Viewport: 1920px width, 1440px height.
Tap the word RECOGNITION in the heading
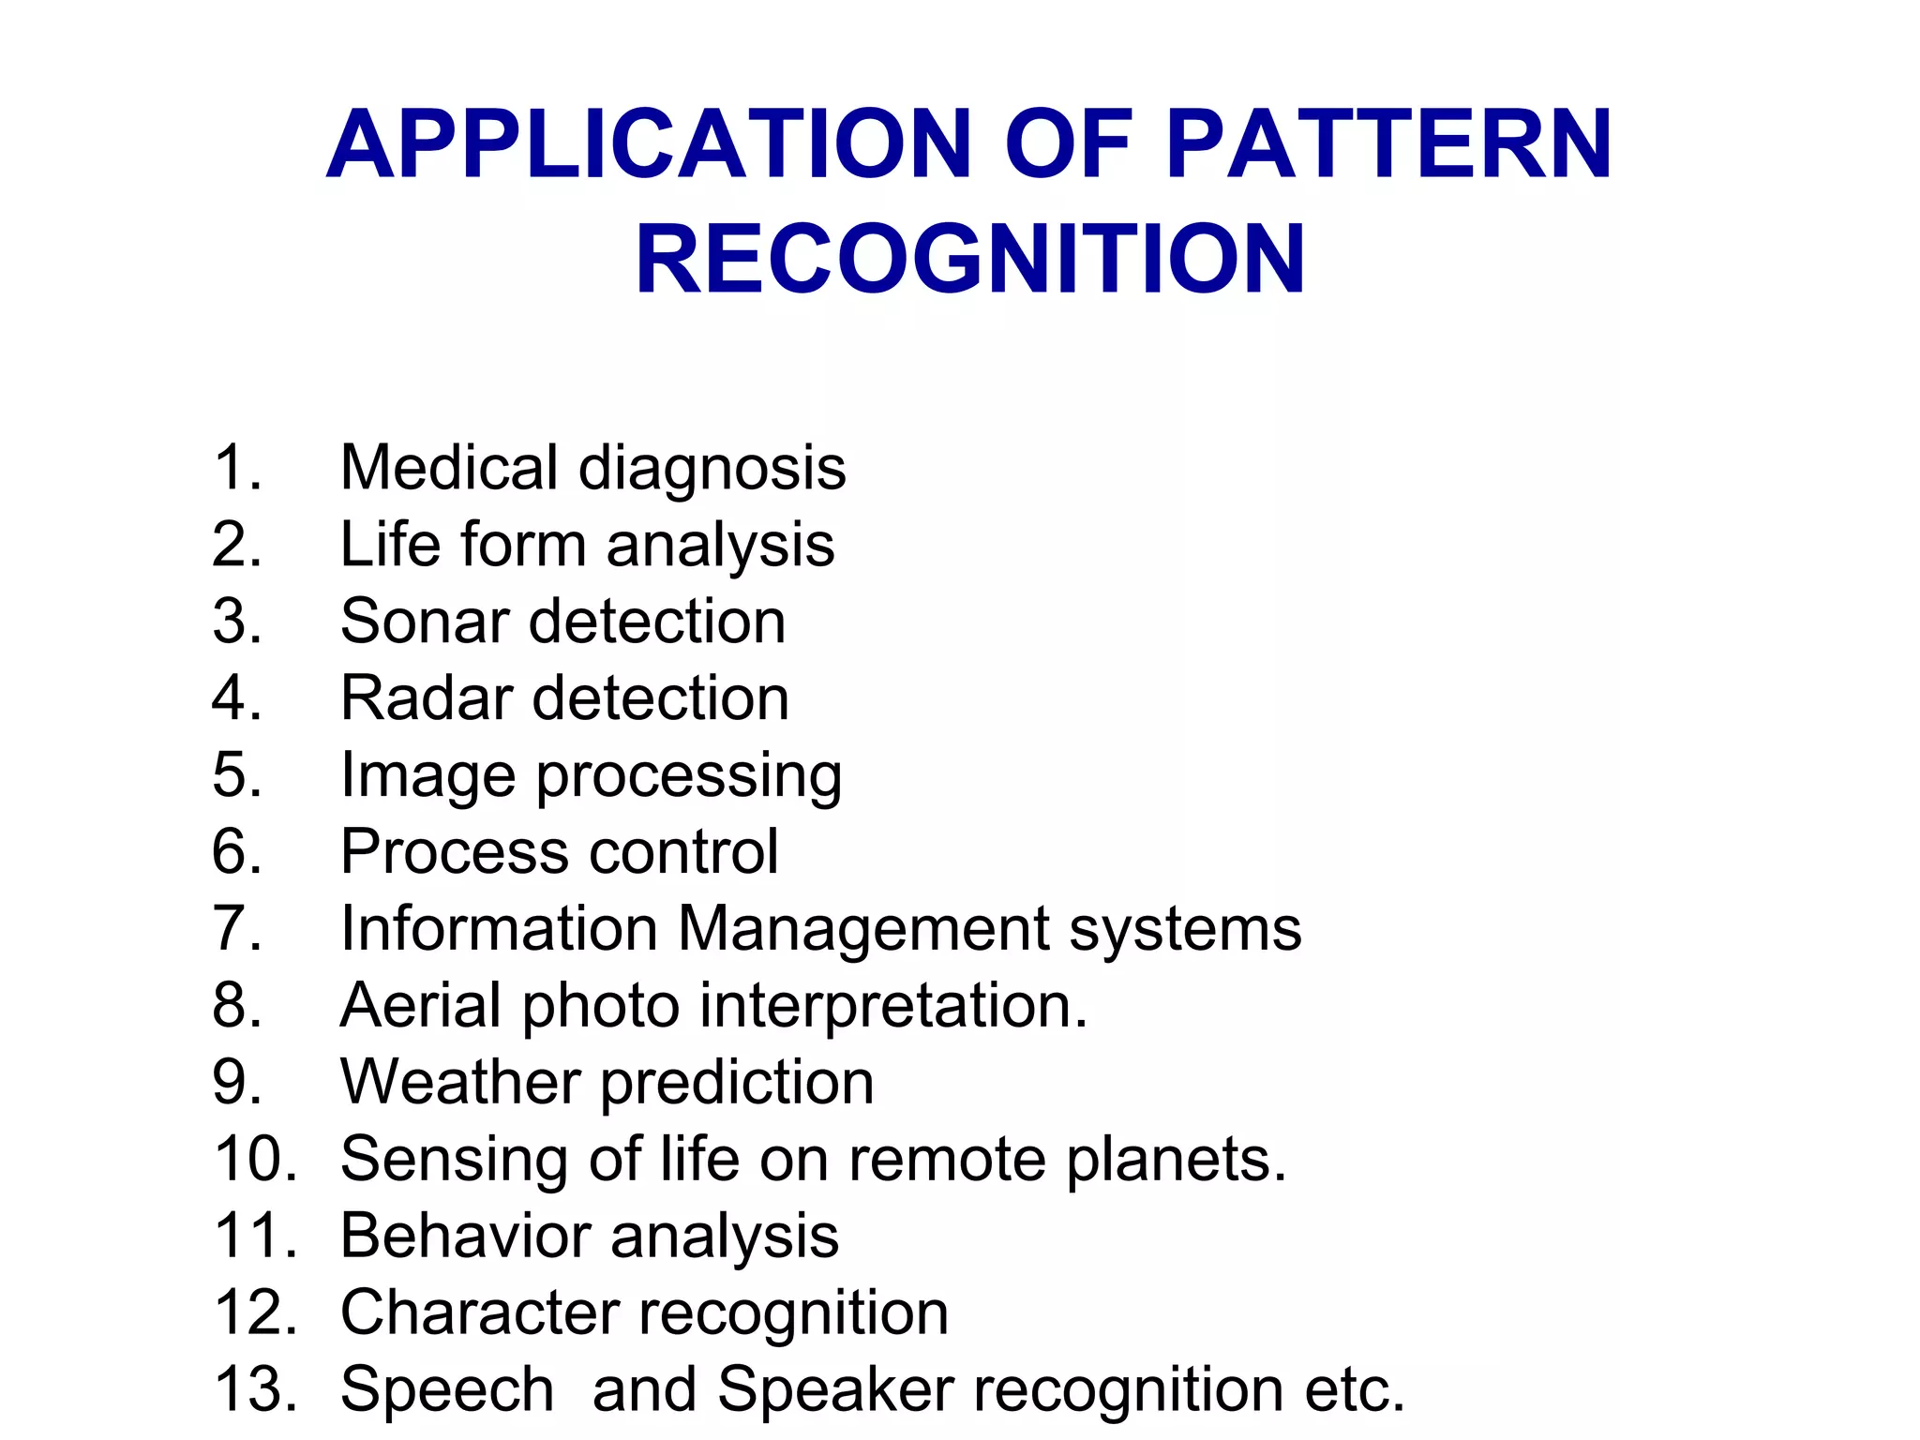click(970, 259)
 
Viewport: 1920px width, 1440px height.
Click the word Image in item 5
click(427, 776)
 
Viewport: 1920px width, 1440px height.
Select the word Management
click(863, 929)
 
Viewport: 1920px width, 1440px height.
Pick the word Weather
click(460, 1083)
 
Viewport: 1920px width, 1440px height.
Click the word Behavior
click(464, 1236)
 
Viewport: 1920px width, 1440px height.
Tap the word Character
click(479, 1312)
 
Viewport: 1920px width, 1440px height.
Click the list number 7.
click(236, 929)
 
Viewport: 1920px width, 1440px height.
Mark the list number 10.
click(255, 1160)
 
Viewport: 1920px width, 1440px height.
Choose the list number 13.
click(255, 1389)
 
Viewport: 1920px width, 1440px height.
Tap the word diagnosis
click(712, 468)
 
